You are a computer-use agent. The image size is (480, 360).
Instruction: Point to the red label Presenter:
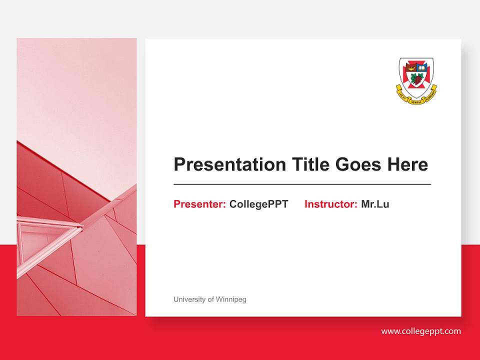pyautogui.click(x=199, y=204)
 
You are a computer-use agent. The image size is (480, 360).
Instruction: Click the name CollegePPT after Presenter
pyautogui.click(x=258, y=204)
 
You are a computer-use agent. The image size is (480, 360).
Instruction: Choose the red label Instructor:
pyautogui.click(x=330, y=204)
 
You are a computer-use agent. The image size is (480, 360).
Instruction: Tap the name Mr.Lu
pyautogui.click(x=375, y=204)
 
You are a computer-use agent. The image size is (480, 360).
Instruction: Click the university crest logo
pyautogui.click(x=416, y=77)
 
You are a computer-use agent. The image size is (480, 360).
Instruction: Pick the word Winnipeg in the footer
pyautogui.click(x=231, y=299)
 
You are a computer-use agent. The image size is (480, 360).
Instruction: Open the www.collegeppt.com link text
pyautogui.click(x=421, y=331)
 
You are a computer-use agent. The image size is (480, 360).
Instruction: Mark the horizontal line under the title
pyautogui.click(x=302, y=184)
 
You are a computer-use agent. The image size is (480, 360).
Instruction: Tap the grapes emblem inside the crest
pyautogui.click(x=416, y=78)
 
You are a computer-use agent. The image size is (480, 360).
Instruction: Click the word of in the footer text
pyautogui.click(x=210, y=299)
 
